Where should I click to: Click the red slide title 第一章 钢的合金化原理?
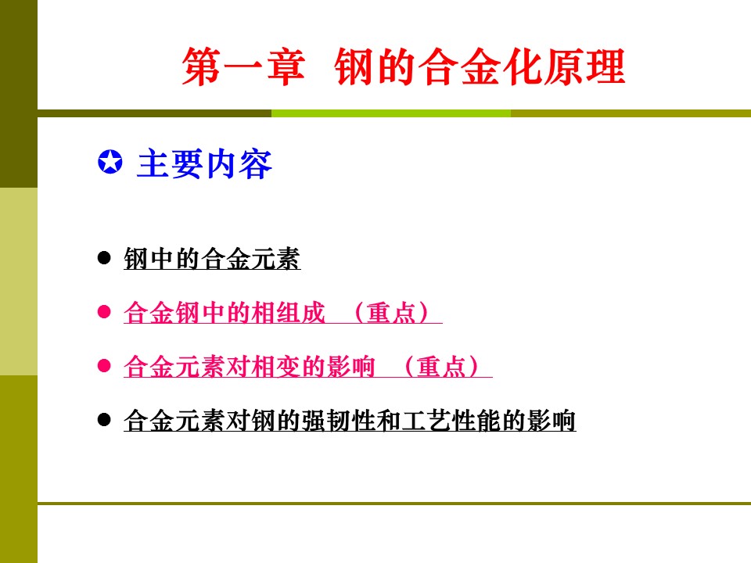pyautogui.click(x=404, y=66)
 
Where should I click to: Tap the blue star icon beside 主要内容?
pyautogui.click(x=110, y=162)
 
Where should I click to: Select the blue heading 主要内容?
pyautogui.click(x=204, y=163)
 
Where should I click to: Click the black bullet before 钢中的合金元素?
pyautogui.click(x=104, y=258)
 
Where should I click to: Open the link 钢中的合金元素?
pyautogui.click(x=212, y=259)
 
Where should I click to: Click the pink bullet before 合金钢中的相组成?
pyautogui.click(x=104, y=312)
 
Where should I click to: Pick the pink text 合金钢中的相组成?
pyautogui.click(x=225, y=313)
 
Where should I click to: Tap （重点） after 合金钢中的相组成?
pyautogui.click(x=391, y=313)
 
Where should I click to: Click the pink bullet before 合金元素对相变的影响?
pyautogui.click(x=104, y=366)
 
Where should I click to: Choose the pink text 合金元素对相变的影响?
pyautogui.click(x=249, y=367)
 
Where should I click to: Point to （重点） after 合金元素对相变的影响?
pyautogui.click(x=441, y=367)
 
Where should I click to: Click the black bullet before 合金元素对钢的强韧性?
pyautogui.click(x=104, y=420)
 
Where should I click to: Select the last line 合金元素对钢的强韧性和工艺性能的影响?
pyautogui.click(x=350, y=421)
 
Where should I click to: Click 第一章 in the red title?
pyautogui.click(x=243, y=66)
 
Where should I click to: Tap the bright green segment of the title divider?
pyautogui.click(x=391, y=113)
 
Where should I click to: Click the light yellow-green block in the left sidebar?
pyautogui.click(x=19, y=281)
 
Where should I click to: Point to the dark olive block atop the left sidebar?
pyautogui.click(x=19, y=94)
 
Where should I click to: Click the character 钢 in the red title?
pyautogui.click(x=354, y=66)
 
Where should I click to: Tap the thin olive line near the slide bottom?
pyautogui.click(x=394, y=504)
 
